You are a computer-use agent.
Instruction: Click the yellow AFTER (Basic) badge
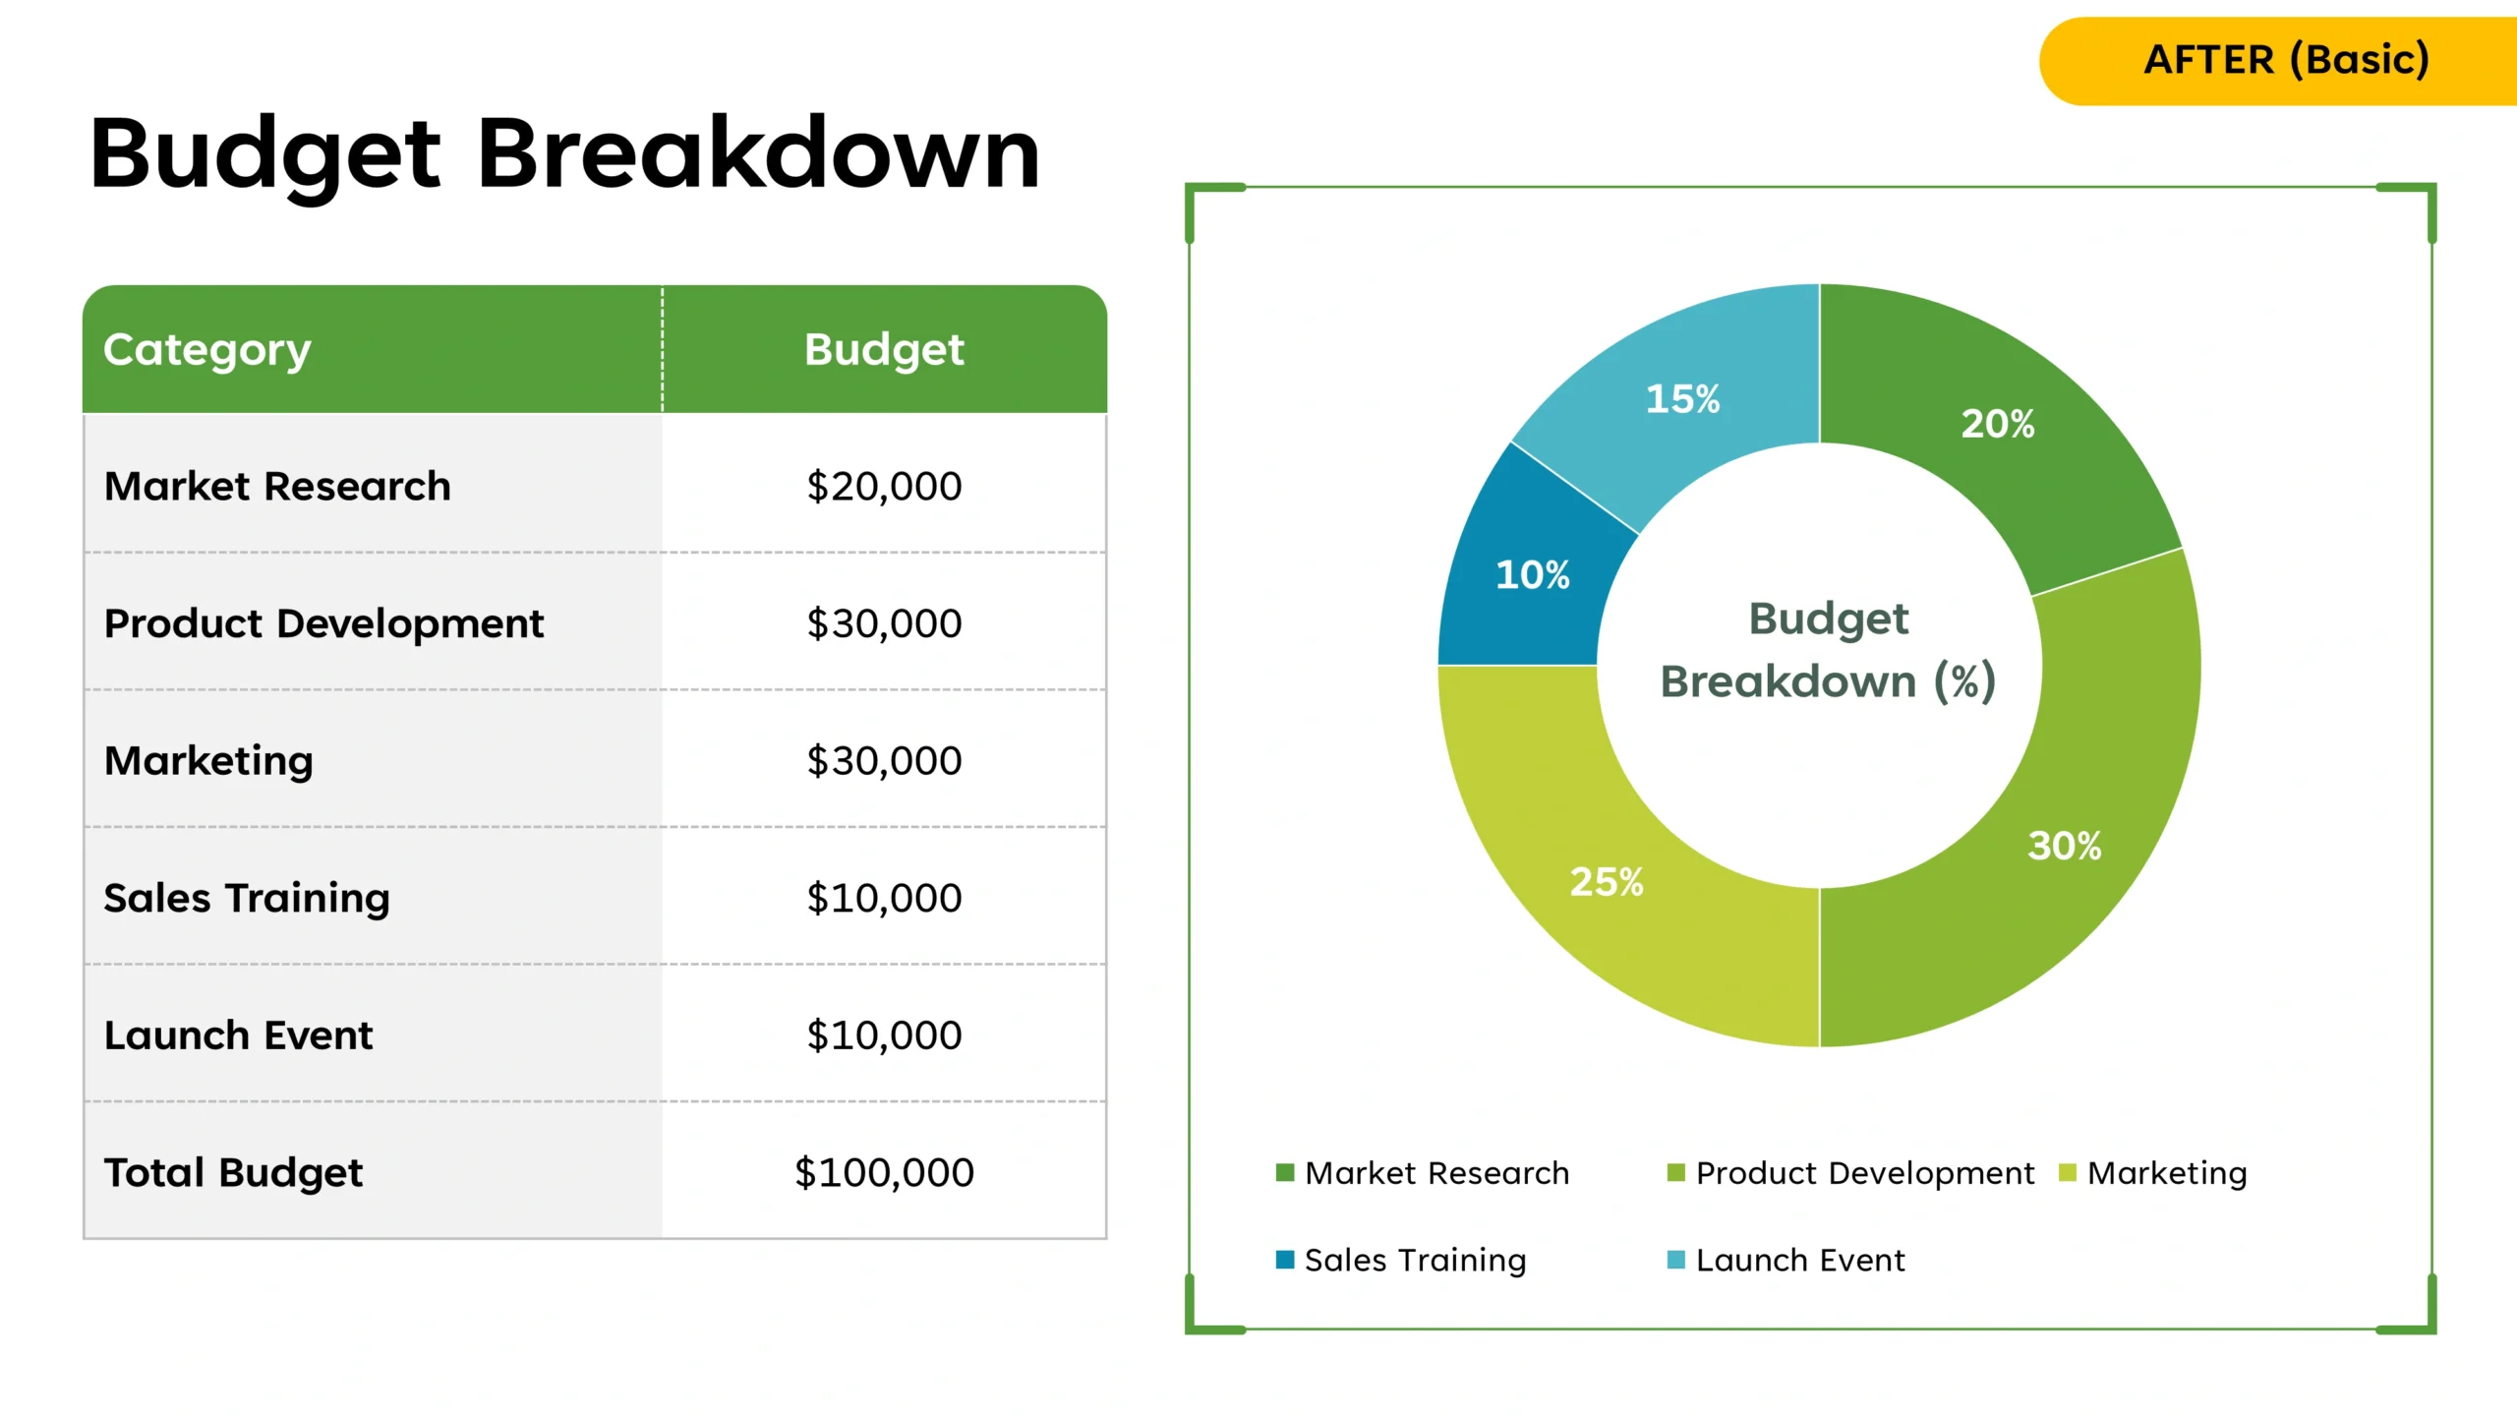pos(2285,60)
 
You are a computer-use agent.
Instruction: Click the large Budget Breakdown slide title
pos(564,153)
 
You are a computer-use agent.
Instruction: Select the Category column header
pos(207,350)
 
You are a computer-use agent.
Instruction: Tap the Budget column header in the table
pos(884,350)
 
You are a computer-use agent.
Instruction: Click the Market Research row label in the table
pos(277,487)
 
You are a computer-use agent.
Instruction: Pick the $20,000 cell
pos(884,487)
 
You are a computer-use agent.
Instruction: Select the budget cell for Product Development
pos(884,623)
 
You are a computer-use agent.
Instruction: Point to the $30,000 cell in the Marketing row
pos(884,761)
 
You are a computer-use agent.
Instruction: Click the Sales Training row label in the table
pos(247,898)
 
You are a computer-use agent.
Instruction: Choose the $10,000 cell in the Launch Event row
pos(884,1035)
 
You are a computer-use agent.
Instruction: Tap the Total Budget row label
pos(233,1172)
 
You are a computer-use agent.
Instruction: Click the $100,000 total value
pos(884,1172)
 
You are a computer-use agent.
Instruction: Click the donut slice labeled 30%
pos(2065,846)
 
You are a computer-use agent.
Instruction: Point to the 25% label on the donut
pos(1607,882)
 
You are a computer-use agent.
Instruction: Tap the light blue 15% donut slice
pos(1682,399)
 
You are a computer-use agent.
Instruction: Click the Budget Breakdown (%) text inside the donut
pos(1828,650)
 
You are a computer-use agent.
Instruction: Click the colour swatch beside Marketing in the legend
pos(2067,1173)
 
